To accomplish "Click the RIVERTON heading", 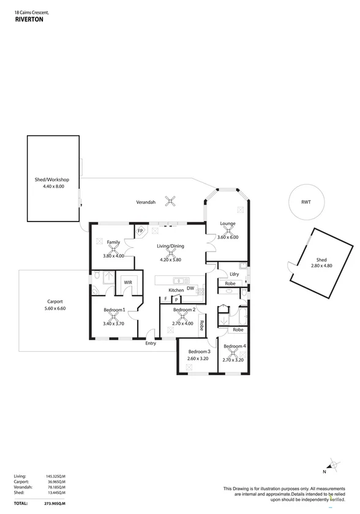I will coord(29,19).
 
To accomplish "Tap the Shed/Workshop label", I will coord(52,179).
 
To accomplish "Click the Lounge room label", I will coord(228,224).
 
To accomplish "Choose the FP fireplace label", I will coord(140,231).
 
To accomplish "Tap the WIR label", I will coord(128,282).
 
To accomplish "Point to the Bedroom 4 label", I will coord(234,346).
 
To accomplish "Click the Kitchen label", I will coord(176,289).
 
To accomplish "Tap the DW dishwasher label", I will coord(190,288).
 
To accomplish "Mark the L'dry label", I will coord(234,274).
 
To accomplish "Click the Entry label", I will coord(151,343).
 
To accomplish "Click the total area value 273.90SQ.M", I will coord(55,502).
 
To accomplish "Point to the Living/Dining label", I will coord(171,246).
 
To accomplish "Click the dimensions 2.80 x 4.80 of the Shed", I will coord(321,266).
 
